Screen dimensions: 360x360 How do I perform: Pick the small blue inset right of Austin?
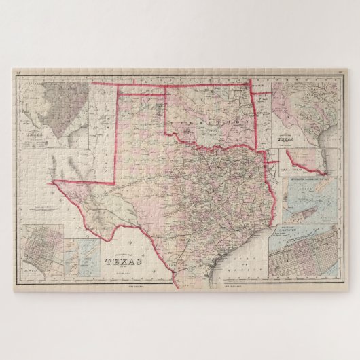pos(81,256)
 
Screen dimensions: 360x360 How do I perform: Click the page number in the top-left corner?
pos(18,71)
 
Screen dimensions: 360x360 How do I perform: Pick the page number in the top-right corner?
pos(341,71)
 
